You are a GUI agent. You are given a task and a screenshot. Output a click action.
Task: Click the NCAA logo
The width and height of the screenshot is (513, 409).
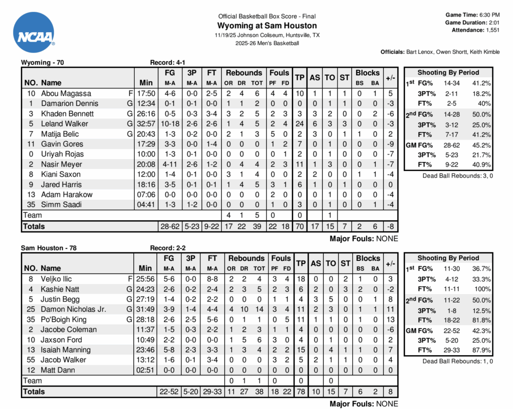(34, 33)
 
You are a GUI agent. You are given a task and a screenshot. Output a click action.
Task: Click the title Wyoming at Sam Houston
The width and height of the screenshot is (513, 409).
(267, 26)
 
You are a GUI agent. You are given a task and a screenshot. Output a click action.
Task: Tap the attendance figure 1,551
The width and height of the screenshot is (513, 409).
(492, 30)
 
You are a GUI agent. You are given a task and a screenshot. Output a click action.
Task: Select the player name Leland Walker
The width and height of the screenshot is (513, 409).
(65, 123)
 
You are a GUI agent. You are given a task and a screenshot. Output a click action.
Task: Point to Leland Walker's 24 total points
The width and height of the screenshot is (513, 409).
(300, 123)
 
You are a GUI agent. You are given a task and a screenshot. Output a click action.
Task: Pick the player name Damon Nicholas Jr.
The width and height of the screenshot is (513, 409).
(73, 309)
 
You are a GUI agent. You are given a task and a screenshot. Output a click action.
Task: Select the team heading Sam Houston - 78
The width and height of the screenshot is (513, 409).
(49, 248)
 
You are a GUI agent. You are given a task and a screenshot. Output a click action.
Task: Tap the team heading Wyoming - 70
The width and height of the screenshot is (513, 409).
(42, 63)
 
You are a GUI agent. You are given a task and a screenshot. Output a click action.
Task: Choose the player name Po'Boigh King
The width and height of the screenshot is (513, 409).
(64, 319)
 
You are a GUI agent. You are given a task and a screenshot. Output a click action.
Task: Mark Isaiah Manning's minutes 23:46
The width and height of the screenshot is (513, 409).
(146, 350)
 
